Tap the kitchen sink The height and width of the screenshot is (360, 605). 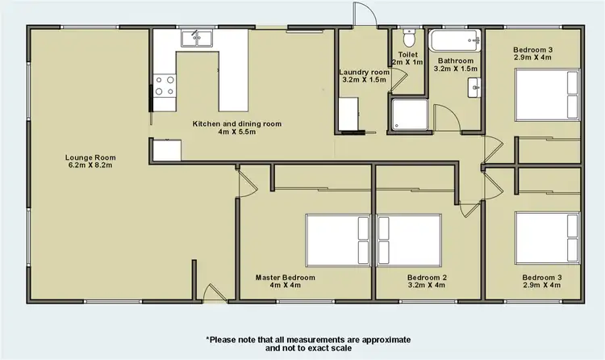196,37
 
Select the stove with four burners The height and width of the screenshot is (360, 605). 165,86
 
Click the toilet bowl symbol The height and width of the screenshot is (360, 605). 408,38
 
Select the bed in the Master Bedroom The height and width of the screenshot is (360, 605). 337,240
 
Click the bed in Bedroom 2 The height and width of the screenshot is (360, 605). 409,240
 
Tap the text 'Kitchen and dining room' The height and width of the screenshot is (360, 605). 236,124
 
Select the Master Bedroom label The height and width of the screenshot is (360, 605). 285,277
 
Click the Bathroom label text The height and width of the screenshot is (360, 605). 454,61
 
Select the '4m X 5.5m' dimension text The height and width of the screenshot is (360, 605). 236,133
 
